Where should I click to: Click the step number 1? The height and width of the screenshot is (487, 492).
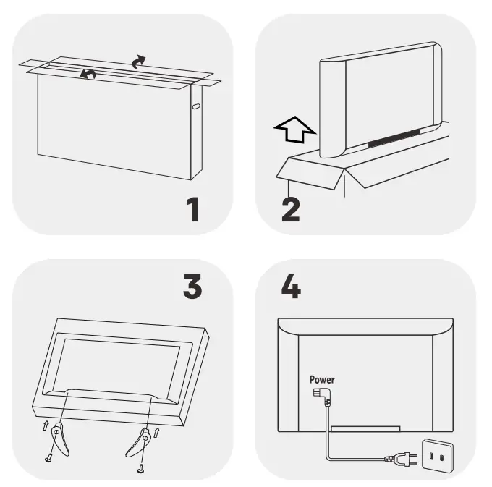(x=192, y=209)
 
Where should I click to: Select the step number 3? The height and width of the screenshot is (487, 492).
(x=192, y=286)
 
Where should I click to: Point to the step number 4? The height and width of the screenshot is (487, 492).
(x=291, y=286)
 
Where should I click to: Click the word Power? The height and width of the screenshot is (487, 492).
(x=322, y=380)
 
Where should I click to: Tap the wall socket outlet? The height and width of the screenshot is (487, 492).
(x=438, y=456)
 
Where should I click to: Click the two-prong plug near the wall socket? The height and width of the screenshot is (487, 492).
(x=402, y=458)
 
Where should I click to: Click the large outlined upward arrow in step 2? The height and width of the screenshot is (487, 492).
(x=295, y=130)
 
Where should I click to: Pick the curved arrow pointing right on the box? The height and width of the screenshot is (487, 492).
(x=138, y=62)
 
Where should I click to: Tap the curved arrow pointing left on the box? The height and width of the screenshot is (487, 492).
(x=88, y=75)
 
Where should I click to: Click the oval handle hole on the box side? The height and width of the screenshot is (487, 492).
(x=196, y=106)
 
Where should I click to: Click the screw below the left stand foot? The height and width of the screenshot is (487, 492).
(x=48, y=460)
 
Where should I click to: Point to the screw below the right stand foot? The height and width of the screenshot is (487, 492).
(x=140, y=469)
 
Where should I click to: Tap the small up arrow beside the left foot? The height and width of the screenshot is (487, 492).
(x=46, y=425)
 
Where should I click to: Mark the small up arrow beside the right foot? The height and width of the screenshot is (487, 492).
(x=156, y=433)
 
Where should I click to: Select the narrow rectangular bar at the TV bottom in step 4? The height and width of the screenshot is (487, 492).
(x=365, y=428)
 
